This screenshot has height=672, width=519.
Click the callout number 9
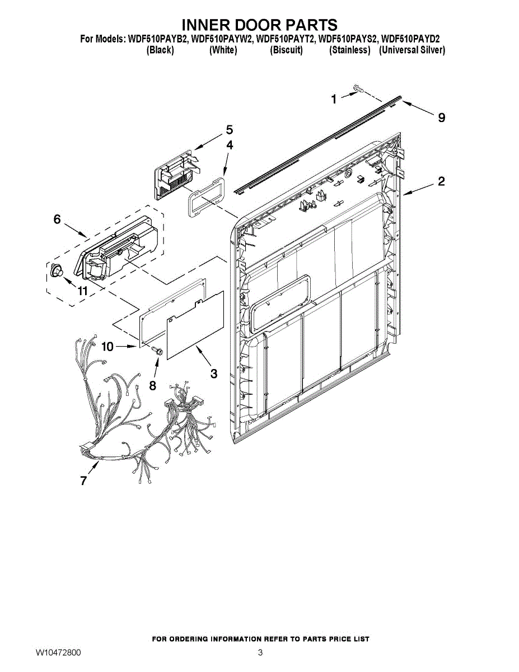click(x=442, y=118)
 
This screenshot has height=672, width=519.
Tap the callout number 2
click(x=441, y=181)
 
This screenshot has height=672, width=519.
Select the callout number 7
click(x=83, y=480)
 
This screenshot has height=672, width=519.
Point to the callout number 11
click(x=83, y=291)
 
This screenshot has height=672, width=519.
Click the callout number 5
click(x=229, y=130)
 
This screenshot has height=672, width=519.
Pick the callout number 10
click(x=107, y=347)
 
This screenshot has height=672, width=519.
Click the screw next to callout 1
click(x=358, y=88)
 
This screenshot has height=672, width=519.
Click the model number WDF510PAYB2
click(x=158, y=39)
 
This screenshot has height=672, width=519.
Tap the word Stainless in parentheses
click(x=350, y=50)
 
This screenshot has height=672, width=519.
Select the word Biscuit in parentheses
click(x=286, y=50)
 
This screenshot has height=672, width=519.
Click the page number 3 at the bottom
click(x=260, y=653)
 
